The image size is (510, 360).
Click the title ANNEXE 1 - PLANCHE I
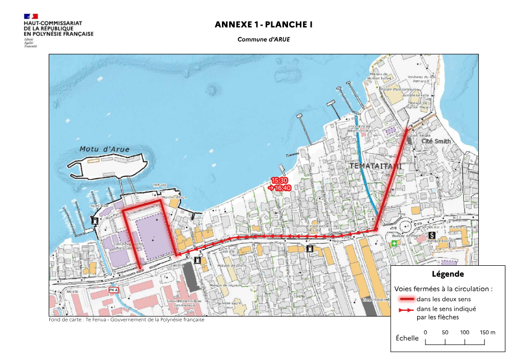click(x=263, y=25)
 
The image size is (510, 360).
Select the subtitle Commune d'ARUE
click(x=263, y=39)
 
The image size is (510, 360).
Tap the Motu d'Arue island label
click(x=105, y=150)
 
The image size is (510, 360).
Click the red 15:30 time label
click(x=279, y=181)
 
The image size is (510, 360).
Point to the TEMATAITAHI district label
click(x=376, y=166)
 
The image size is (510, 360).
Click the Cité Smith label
click(x=436, y=140)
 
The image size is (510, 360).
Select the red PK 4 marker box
click(x=114, y=290)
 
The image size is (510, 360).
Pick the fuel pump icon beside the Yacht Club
click(x=95, y=220)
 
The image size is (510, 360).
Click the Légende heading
click(x=447, y=274)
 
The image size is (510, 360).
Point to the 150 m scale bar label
click(x=487, y=332)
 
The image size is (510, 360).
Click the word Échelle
click(x=407, y=338)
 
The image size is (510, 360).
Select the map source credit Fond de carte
click(x=126, y=320)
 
